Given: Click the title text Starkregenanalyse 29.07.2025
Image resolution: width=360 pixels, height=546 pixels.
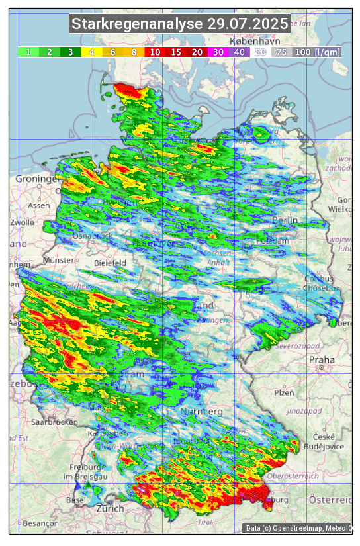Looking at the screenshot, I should [180, 24].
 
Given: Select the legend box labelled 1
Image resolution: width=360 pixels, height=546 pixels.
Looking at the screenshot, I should [28, 52].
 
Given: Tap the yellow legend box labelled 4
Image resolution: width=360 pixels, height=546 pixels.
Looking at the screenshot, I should [91, 52].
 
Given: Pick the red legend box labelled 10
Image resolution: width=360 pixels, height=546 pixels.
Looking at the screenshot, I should [155, 52].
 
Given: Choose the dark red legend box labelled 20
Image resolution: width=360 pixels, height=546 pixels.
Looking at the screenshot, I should [197, 52].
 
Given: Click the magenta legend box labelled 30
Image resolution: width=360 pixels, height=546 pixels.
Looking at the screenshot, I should [218, 52].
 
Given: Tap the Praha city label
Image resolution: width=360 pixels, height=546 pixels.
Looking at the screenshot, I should [322, 360].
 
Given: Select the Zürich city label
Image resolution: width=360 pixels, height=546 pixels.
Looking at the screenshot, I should [110, 508].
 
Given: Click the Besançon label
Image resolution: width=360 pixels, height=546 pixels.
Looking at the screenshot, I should [40, 523].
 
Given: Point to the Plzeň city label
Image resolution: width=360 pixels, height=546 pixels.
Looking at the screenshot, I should [284, 392].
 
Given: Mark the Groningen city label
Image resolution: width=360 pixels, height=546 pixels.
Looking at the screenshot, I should [36, 179].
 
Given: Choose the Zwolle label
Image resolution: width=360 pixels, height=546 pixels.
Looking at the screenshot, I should [21, 222].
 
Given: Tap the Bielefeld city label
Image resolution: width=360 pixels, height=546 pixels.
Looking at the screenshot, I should [110, 263].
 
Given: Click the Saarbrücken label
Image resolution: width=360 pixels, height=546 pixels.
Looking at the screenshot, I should [55, 421].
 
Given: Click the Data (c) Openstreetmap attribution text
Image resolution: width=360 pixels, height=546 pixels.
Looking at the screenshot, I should [298, 528].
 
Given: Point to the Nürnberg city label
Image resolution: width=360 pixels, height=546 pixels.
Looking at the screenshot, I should [202, 412].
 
